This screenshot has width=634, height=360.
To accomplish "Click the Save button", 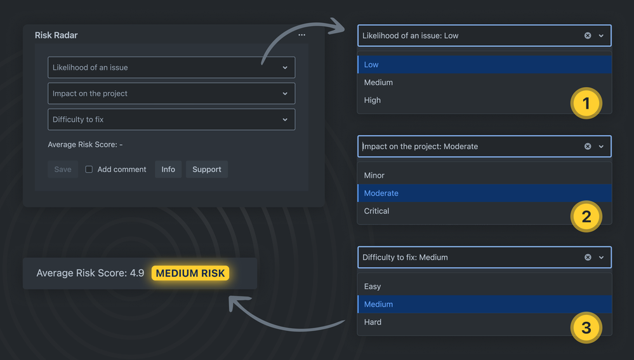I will point(63,170).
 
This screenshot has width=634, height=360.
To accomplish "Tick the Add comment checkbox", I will point(89,170).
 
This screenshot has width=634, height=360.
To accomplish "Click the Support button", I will point(206,170).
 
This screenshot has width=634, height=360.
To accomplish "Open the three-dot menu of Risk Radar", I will point(301,35).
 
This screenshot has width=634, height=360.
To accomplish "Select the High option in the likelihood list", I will point(373,100).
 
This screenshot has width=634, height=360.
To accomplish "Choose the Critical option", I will point(376,211).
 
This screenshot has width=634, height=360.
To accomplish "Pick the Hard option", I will point(373,322).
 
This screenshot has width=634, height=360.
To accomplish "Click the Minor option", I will point(374,175).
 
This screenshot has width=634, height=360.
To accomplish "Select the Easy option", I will point(373,286).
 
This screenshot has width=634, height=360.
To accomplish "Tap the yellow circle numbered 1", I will point(586,103).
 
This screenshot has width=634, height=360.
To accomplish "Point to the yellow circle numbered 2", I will point(586,217).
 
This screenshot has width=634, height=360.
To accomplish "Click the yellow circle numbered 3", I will point(586,328).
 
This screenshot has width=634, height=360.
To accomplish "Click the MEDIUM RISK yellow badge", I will point(190,274).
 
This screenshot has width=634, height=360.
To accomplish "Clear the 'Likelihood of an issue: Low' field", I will point(588,36).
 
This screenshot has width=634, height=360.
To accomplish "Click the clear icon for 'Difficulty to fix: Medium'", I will point(588,257).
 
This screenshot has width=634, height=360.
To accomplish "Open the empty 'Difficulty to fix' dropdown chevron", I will point(285,119).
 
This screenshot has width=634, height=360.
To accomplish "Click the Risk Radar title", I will point(56,36).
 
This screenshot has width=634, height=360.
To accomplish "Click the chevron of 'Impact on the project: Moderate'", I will point(601,147).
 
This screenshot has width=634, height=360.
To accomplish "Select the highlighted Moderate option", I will point(381,193).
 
